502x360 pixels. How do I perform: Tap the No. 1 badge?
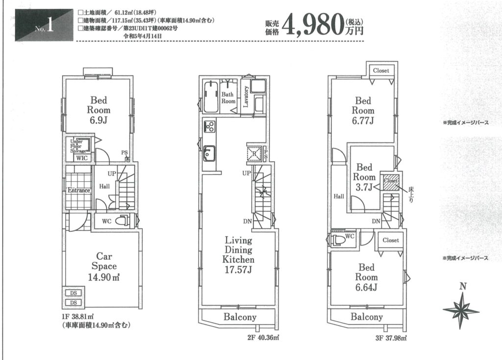pyautogui.click(x=44, y=25)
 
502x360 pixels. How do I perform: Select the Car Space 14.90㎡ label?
pyautogui.click(x=104, y=266)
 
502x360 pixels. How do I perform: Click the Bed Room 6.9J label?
pyautogui.click(x=99, y=110)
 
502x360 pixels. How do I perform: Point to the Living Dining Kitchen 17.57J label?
pyautogui.click(x=239, y=255)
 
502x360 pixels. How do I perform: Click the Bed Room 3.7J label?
pyautogui.click(x=364, y=177)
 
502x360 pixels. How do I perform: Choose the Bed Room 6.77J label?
pyautogui.click(x=363, y=111)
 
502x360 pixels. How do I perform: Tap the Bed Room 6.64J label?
pyautogui.click(x=366, y=277)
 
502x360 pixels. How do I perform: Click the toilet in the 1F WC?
pyautogui.click(x=122, y=221)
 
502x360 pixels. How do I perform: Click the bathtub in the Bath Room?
pyautogui.click(x=211, y=97)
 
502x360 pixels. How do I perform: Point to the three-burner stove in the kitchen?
pyautogui.click(x=210, y=126)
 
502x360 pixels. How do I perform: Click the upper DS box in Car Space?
pyautogui.click(x=74, y=293)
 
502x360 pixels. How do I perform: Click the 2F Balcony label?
pyautogui.click(x=240, y=317)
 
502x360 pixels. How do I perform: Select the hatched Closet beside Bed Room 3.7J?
pyautogui.click(x=390, y=182)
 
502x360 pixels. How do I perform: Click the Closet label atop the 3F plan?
pyautogui.click(x=381, y=71)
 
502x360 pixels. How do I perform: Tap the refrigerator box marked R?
pyautogui.click(x=254, y=154)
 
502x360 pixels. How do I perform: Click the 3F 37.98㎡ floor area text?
pyautogui.click(x=391, y=338)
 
